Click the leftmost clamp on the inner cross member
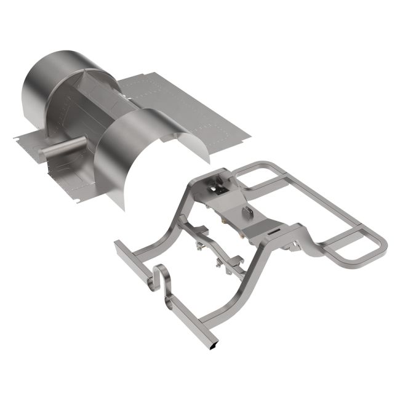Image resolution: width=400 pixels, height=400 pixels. [200, 246]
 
